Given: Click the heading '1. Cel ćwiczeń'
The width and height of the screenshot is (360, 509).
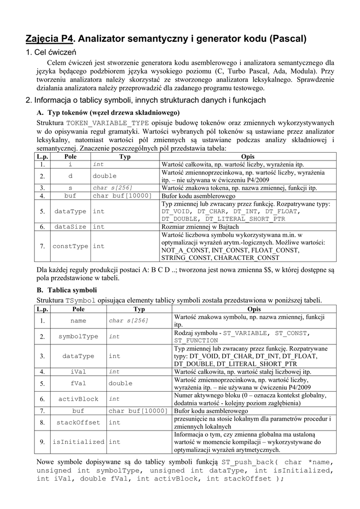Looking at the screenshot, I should tap(50, 52).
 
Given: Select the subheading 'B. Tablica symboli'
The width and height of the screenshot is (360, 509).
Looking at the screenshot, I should tap(67, 290).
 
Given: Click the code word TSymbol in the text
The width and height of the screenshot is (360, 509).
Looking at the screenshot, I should tap(80, 300).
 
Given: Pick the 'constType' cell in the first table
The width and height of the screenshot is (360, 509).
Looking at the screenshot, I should tap(71, 246).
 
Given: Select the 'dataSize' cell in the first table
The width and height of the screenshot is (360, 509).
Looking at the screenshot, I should tap(71, 226).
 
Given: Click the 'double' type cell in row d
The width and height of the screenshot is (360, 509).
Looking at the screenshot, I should tap(105, 176).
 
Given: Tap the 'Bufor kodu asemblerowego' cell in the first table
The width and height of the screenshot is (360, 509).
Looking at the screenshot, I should tap(191, 196).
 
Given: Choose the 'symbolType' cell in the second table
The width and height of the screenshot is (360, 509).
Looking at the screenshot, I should tap(79, 337).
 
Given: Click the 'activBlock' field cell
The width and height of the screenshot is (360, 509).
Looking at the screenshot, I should tap(79, 399).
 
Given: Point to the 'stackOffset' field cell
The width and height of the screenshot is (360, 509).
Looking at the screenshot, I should tap(79, 423).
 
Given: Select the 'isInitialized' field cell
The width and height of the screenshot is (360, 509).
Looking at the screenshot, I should tap(79, 442).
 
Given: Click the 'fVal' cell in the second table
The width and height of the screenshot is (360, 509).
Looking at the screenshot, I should tap(79, 383).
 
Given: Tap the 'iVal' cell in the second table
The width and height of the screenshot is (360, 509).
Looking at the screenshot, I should tap(79, 371).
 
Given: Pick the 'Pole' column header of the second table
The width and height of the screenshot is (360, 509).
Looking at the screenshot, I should tap(79, 309).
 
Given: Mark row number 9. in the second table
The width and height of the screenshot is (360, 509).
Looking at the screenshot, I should tap(42, 442).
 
